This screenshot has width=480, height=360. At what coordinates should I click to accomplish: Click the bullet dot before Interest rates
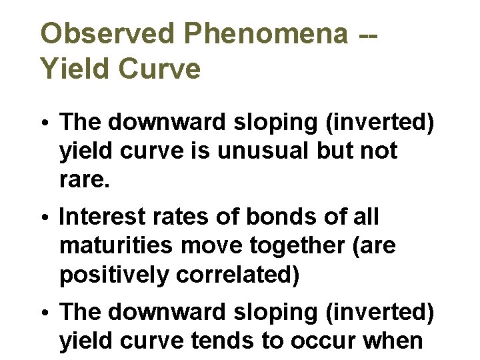(49, 218)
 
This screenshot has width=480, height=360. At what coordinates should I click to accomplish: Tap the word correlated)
(237, 275)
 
